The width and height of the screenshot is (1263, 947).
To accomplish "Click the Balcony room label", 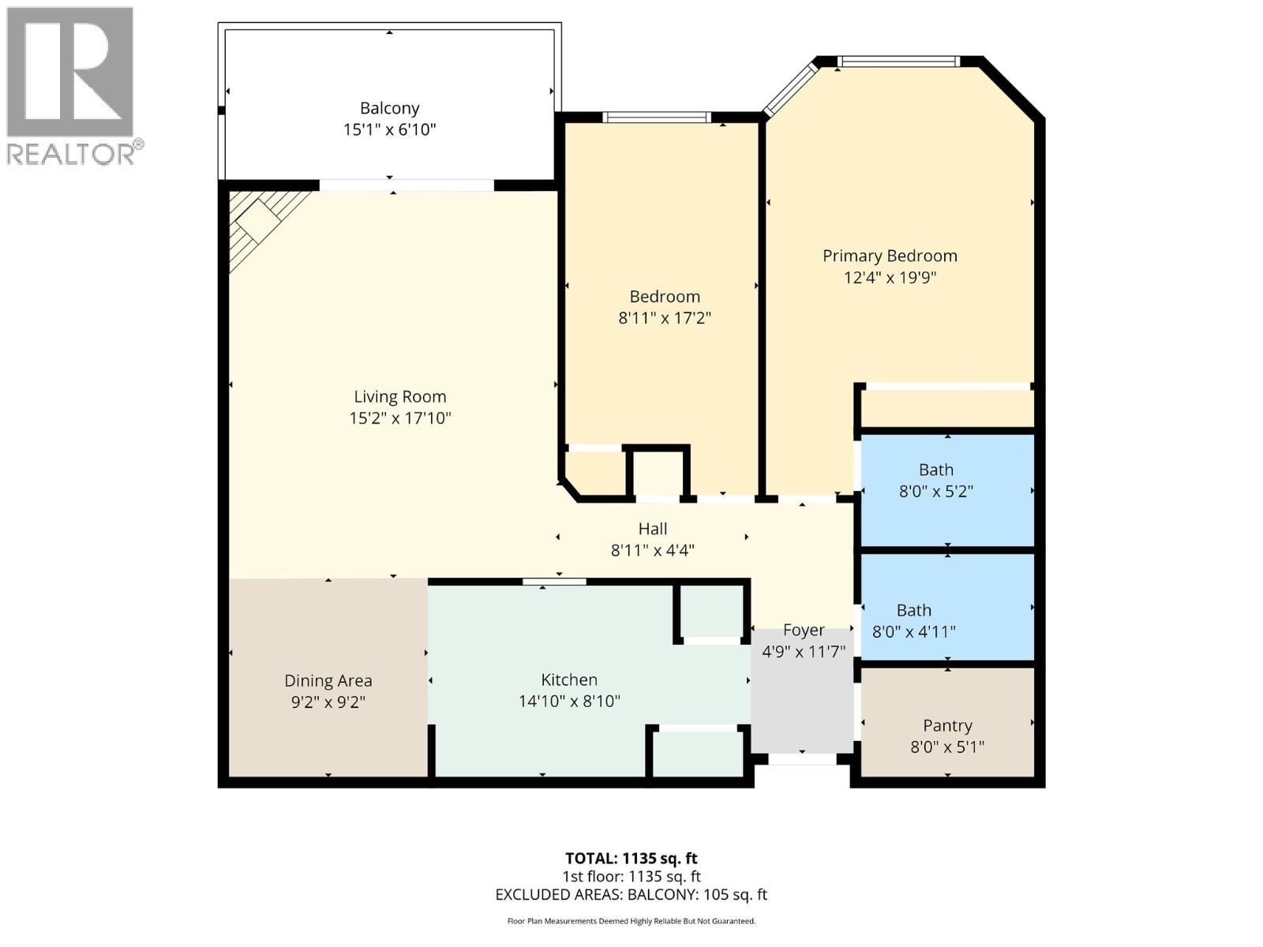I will (389, 108).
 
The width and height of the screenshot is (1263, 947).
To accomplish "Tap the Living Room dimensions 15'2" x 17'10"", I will (399, 418).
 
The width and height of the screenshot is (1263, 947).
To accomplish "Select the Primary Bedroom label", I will (890, 256).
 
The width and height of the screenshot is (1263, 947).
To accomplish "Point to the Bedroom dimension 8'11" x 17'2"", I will (665, 318).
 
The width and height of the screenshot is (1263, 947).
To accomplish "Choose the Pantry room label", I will (947, 725).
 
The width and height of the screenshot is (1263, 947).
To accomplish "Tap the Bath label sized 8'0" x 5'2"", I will (935, 470).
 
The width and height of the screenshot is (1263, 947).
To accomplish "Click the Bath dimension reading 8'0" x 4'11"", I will (913, 631).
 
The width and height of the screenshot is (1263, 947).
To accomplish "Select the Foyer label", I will (804, 630).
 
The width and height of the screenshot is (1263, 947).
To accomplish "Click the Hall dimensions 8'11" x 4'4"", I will (652, 550).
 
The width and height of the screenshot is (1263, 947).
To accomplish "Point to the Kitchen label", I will (568, 679).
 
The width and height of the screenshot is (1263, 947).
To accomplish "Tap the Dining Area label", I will (328, 680).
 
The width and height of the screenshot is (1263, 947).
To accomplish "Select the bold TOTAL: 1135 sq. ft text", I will (631, 858).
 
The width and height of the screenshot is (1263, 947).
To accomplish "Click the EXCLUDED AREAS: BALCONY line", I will (631, 894).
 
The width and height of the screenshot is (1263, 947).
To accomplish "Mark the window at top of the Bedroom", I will (656, 118).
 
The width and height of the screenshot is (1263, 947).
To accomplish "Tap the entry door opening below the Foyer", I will (802, 759).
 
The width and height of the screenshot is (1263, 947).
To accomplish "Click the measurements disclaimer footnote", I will (631, 921).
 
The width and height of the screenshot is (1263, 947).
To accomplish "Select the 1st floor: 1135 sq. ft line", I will (631, 876).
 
